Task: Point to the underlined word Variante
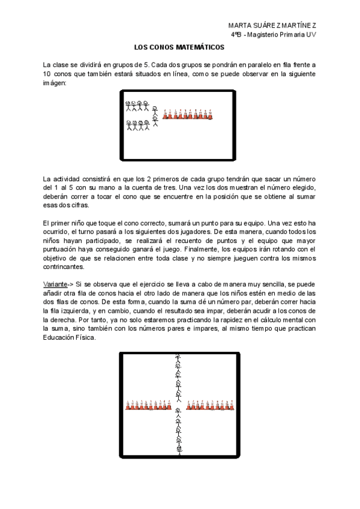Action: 55,283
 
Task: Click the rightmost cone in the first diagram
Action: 210,114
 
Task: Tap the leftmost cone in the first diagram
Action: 166,114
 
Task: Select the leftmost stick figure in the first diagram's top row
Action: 128,106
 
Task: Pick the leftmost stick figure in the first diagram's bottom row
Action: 128,125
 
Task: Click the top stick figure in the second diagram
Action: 178,358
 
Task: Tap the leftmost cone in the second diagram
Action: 128,406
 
